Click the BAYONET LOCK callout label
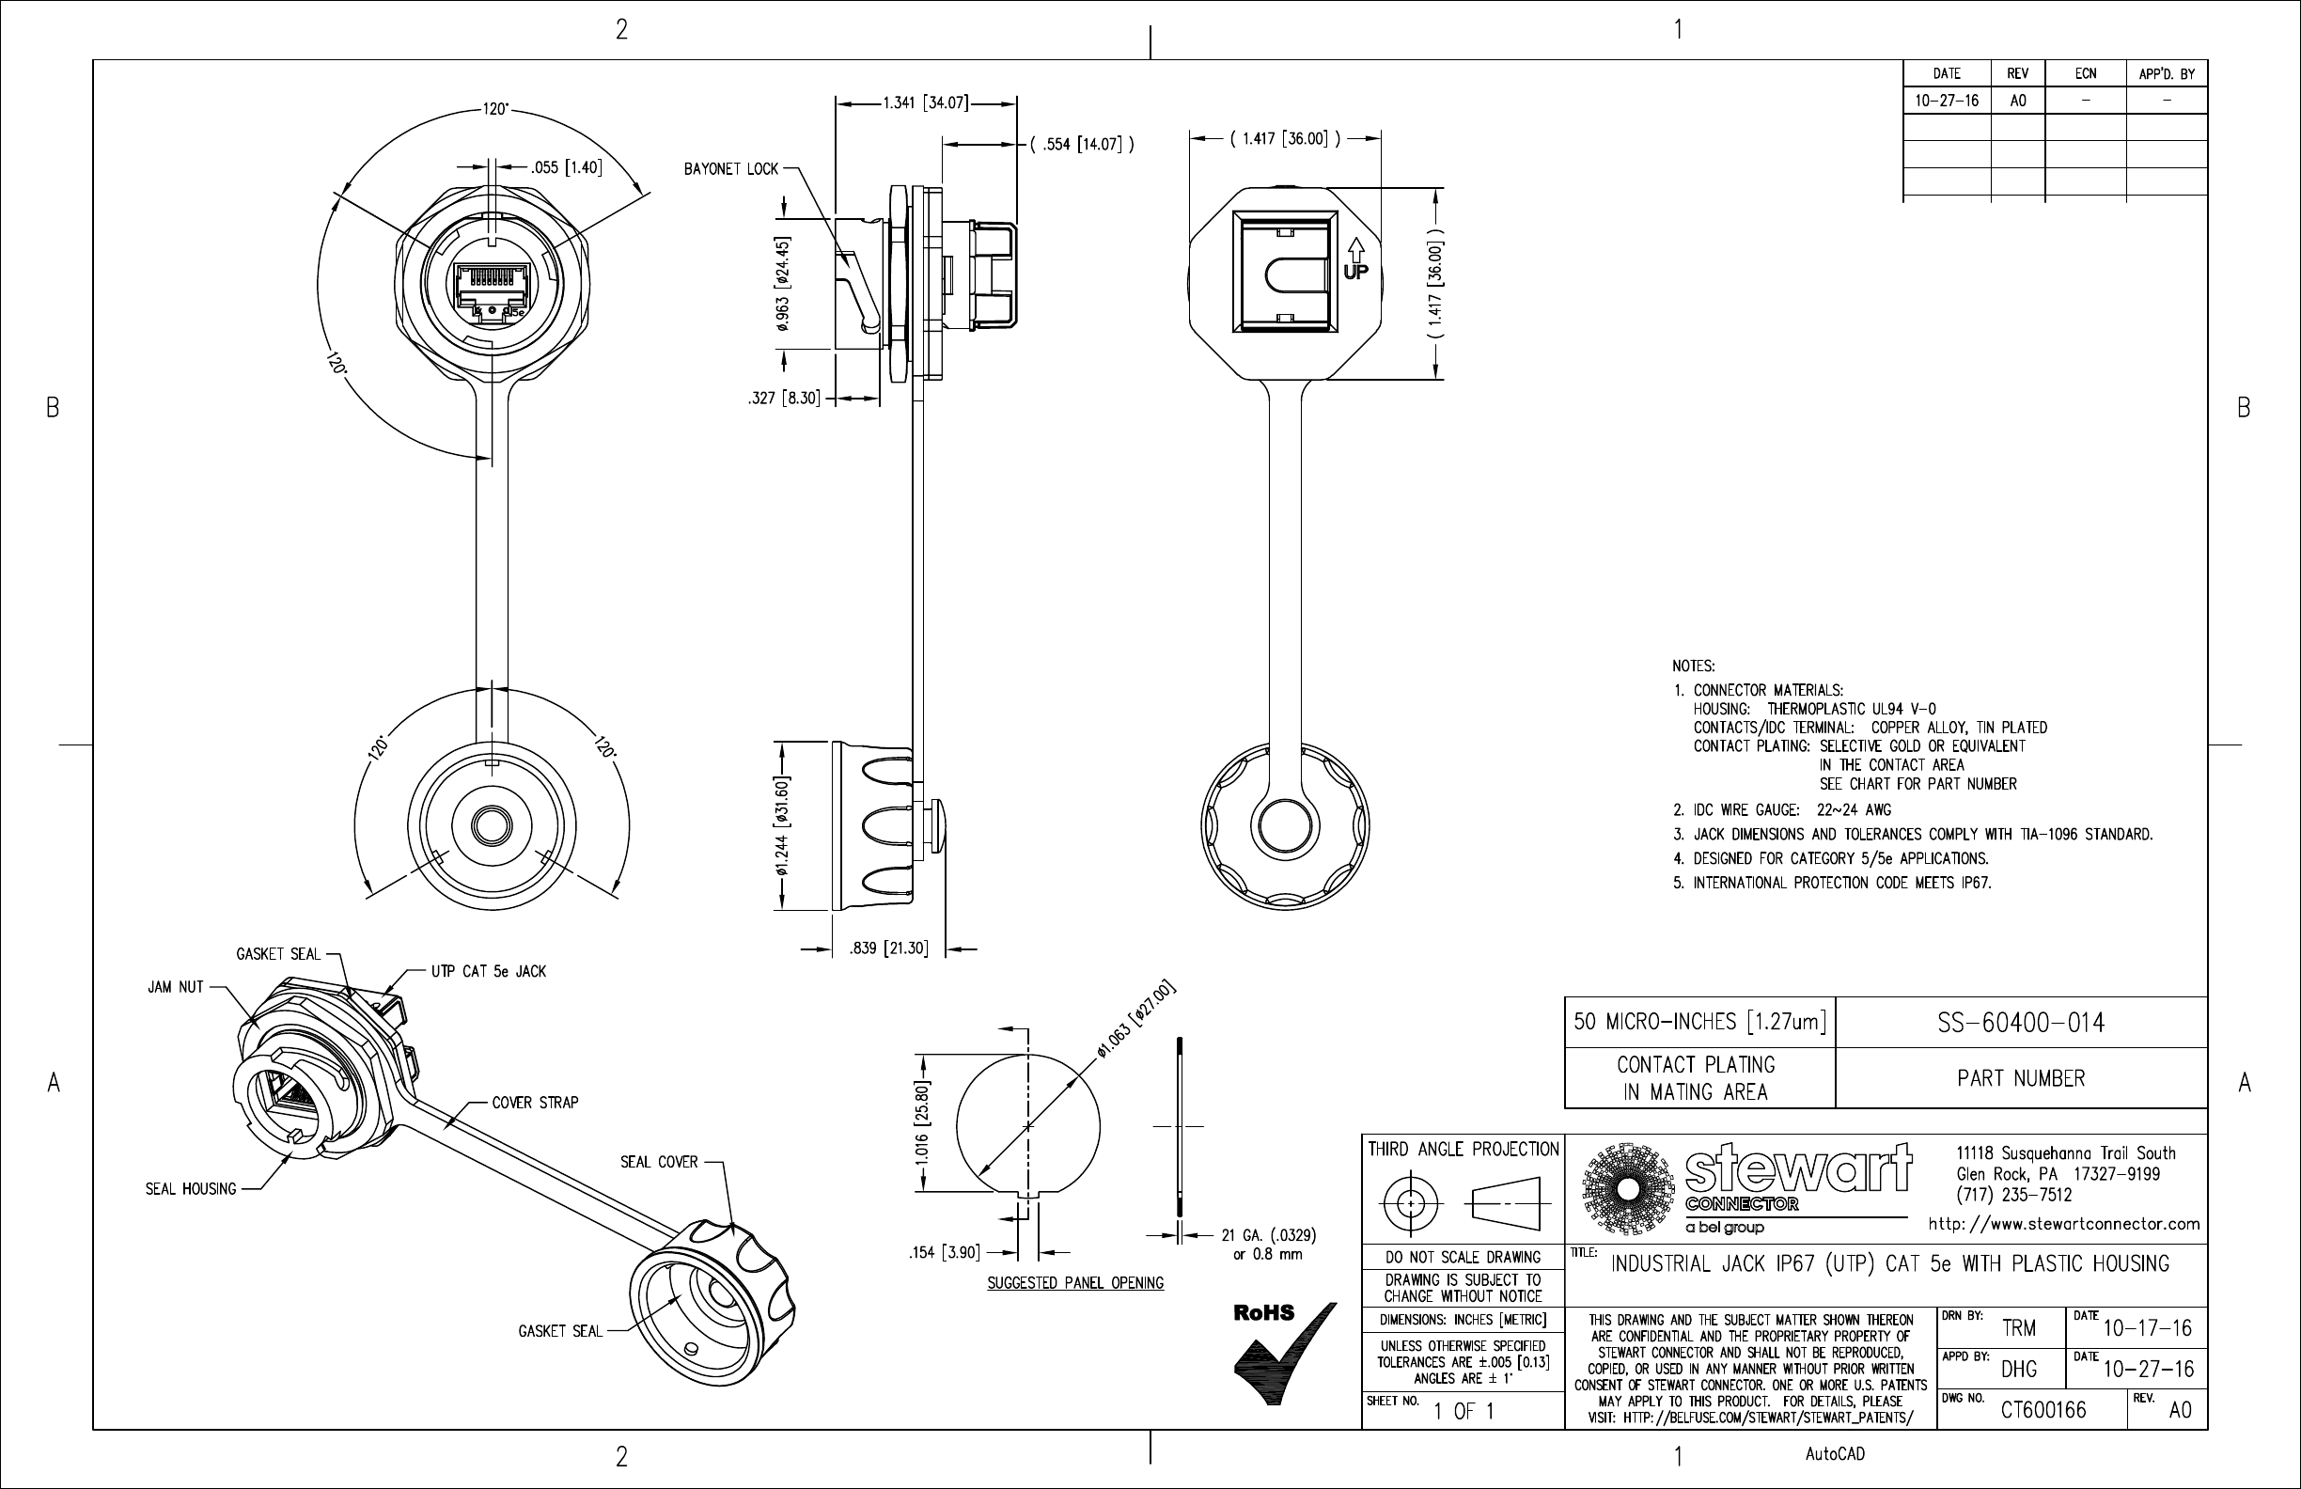[731, 169]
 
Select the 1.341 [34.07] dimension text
[925, 102]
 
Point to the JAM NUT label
[176, 987]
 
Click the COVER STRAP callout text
[535, 1103]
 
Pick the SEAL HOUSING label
[191, 1189]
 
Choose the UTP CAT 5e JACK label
[488, 972]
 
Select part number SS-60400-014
[2021, 1023]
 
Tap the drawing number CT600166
[2043, 1411]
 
